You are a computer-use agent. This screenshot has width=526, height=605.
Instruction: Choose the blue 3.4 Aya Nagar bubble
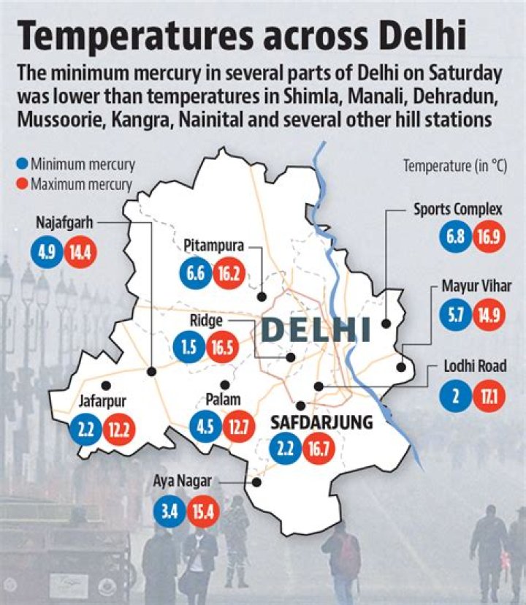pos(167,511)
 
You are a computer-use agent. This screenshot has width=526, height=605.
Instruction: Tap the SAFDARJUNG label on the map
pos(322,422)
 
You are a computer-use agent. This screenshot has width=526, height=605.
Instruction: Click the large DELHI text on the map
pos(316,329)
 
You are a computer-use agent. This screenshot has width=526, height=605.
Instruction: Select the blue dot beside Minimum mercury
pos(23,164)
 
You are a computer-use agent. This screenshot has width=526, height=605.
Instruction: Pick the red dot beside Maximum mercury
pos(23,183)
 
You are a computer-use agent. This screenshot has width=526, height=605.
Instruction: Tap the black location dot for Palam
pos(225,384)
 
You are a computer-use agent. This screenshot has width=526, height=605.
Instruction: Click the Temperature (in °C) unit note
pos(454,166)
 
